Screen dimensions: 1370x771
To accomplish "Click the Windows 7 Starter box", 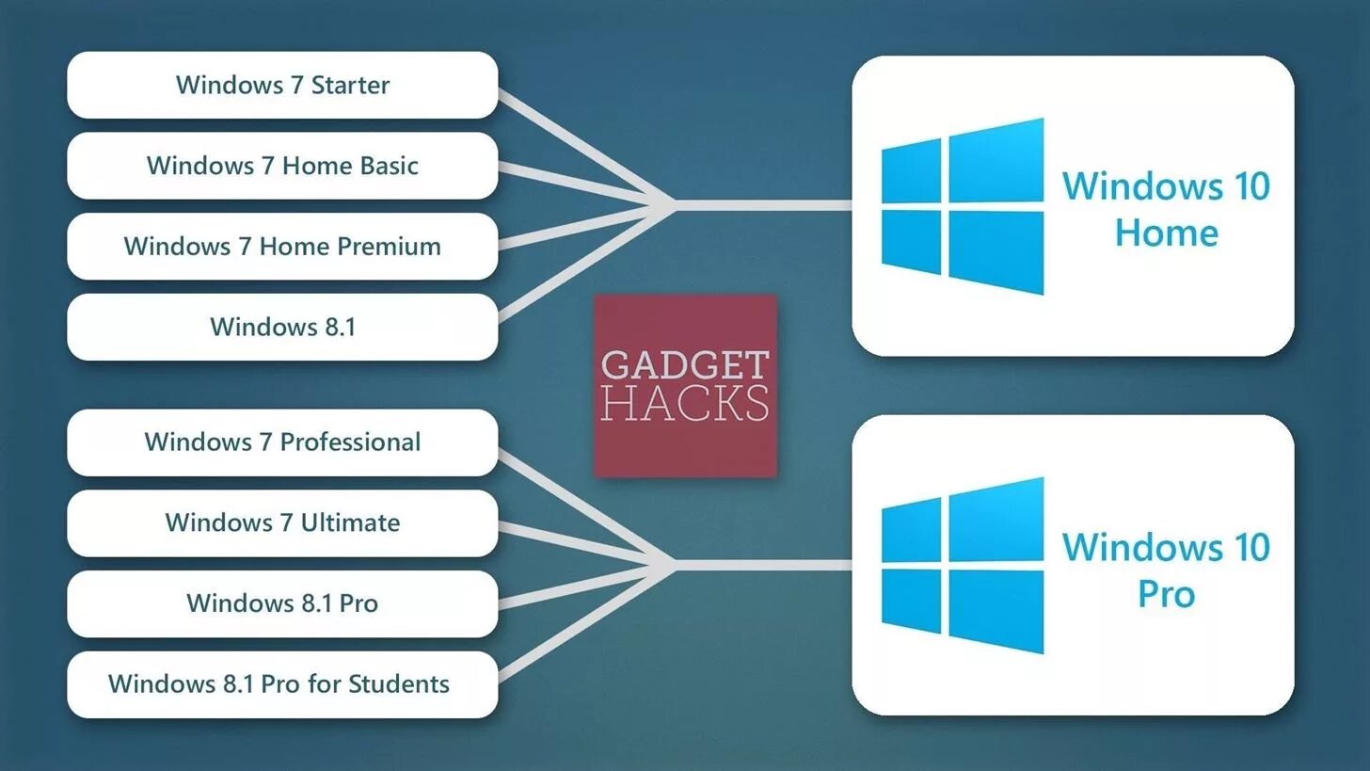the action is coord(282,85).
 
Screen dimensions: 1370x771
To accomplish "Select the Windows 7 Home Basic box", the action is coord(282,166).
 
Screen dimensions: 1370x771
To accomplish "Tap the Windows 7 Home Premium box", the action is coord(282,247).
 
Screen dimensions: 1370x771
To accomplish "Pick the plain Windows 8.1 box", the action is coord(282,327).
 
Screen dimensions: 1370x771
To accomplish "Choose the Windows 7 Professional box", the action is coord(282,442).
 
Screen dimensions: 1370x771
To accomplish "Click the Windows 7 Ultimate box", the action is coord(282,522).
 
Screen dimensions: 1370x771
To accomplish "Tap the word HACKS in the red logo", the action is coord(685,404).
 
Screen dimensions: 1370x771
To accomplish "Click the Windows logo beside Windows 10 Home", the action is coord(962,206).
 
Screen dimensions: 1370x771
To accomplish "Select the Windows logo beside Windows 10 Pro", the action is coord(962,566).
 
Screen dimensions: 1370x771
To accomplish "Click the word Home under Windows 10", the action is coord(1167,233).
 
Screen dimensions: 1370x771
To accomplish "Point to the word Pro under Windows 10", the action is coord(1167,593).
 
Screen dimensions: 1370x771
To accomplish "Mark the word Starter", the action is coord(350,85).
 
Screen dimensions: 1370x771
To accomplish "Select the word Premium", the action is coord(389,247).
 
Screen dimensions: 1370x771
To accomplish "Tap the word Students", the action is coord(399,684).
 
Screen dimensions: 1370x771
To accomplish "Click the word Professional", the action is coord(350,442).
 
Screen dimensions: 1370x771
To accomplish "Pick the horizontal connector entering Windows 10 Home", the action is coord(762,204).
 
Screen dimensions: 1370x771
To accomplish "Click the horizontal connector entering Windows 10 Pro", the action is coord(762,565).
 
